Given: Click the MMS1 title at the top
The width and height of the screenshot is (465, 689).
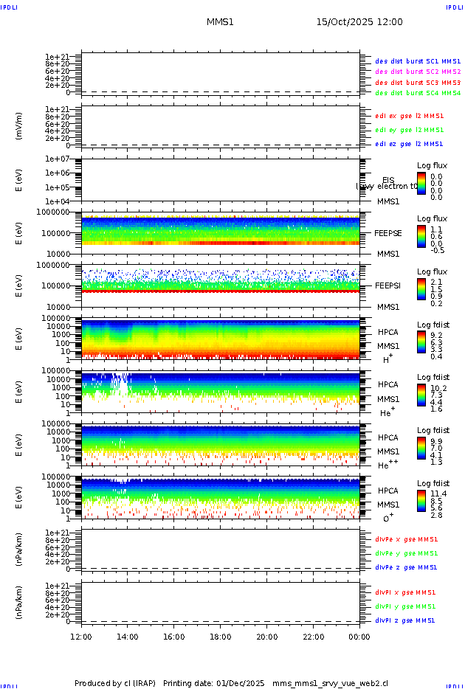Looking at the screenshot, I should tap(220, 22).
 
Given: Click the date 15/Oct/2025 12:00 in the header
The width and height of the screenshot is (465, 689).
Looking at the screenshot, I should tap(359, 22).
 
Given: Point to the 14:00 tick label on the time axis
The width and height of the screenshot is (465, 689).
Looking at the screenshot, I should tap(128, 637).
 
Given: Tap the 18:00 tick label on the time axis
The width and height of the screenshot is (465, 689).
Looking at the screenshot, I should tap(221, 637).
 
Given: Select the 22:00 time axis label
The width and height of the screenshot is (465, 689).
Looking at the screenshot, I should tap(314, 637).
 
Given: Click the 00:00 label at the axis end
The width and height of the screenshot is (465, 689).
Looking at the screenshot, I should tap(359, 637).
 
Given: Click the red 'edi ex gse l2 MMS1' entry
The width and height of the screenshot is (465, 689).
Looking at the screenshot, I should tap(410, 116).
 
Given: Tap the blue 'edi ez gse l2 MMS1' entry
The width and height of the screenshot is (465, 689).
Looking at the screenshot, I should tap(410, 144).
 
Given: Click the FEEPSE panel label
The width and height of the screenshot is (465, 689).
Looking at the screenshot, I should tap(388, 232).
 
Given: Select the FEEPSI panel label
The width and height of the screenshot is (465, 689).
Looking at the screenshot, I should tap(388, 285).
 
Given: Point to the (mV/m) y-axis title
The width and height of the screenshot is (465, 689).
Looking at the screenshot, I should tap(18, 126).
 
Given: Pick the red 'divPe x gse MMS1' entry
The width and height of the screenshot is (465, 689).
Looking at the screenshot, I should tap(406, 539).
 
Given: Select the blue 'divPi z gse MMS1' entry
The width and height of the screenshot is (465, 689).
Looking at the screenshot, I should tap(406, 620).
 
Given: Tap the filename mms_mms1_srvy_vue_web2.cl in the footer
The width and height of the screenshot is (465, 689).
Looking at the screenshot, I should tap(330, 683).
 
